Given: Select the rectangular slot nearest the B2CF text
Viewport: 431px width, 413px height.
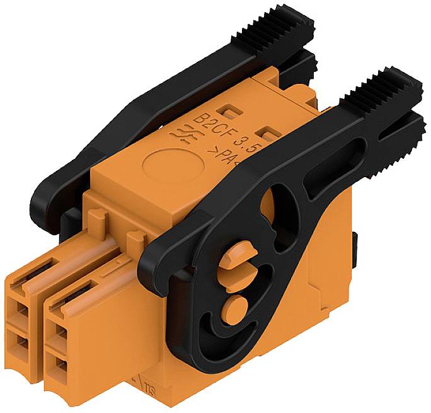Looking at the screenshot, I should click(x=231, y=111).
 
